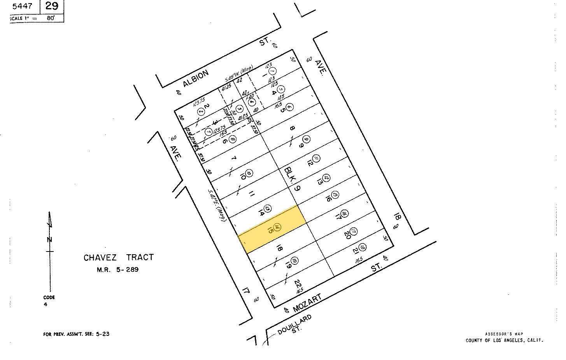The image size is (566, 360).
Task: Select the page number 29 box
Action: tap(51, 6)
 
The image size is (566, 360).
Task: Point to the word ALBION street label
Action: tap(196, 78)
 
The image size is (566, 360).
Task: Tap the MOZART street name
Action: tap(307, 303)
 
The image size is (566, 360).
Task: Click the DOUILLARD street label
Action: tap(294, 325)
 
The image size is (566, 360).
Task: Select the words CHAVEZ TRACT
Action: tap(119, 257)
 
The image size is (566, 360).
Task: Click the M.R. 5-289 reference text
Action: tap(117, 269)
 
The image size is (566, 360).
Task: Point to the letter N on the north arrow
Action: tap(50, 239)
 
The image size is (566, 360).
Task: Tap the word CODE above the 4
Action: tap(49, 297)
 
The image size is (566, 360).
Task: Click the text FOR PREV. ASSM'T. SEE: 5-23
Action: tap(76, 334)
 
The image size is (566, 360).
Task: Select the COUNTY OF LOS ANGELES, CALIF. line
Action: tap(504, 341)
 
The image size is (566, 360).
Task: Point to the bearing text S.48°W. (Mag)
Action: tap(239, 74)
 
